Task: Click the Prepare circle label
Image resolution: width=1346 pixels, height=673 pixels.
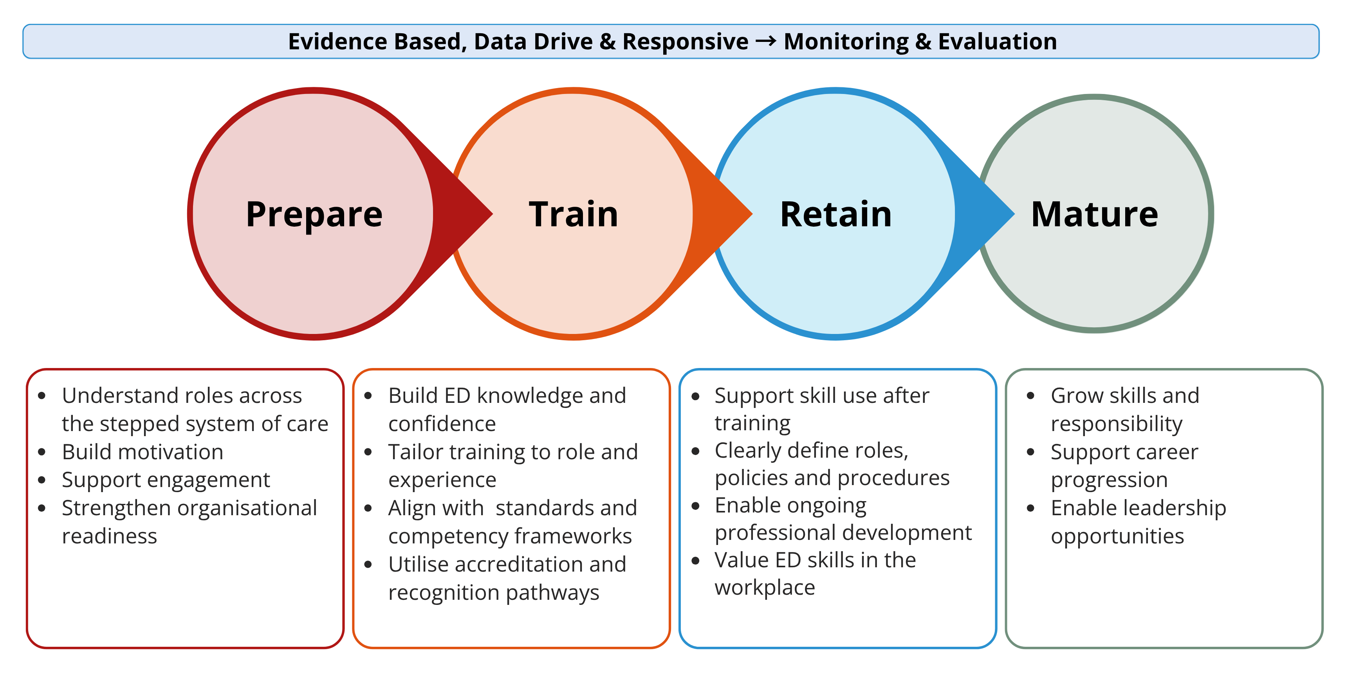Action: coord(314,215)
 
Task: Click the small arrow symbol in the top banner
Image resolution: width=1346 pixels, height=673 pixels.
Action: coord(766,41)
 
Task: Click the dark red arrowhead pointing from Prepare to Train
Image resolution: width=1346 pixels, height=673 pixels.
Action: coord(462,213)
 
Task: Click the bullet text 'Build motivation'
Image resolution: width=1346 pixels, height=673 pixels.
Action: coord(143,452)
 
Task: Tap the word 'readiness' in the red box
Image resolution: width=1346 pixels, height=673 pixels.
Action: coord(110,536)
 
